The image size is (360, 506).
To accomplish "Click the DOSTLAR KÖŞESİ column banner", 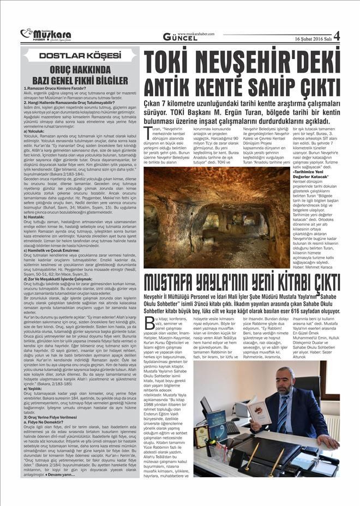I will (80, 55).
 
